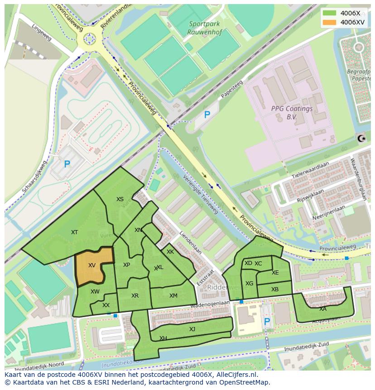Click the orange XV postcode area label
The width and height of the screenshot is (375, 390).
click(92, 265)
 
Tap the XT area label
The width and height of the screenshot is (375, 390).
click(75, 232)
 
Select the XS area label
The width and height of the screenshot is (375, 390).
click(120, 199)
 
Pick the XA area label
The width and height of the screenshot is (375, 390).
click(323, 309)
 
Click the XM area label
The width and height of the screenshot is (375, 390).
click(173, 296)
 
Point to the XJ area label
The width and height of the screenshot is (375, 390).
click(192, 329)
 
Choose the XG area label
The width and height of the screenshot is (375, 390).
click(249, 284)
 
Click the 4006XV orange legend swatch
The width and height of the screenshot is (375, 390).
click(330, 22)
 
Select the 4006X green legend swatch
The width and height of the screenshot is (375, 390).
click(330, 13)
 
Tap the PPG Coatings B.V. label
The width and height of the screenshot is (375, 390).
click(292, 112)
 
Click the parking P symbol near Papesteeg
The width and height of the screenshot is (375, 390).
click(207, 115)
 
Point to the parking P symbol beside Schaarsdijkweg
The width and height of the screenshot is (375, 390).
click(67, 164)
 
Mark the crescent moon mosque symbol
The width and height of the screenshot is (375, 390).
click(361, 139)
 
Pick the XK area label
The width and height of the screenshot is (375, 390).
click(170, 252)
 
